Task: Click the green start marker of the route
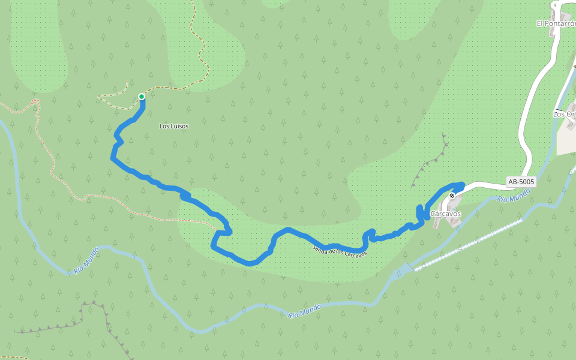pos(142,97)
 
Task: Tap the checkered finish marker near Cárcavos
pos(452,196)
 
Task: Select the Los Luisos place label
pos(174,127)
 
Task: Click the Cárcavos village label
pos(446,214)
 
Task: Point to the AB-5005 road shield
pos(521,182)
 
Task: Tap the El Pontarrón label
pos(556,23)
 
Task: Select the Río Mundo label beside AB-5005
pos(514,195)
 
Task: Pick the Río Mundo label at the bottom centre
pos(304,311)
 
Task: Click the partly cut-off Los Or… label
pos(565,114)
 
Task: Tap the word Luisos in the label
pos(179,127)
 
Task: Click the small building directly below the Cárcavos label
pos(453,221)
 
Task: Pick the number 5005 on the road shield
pos(526,182)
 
